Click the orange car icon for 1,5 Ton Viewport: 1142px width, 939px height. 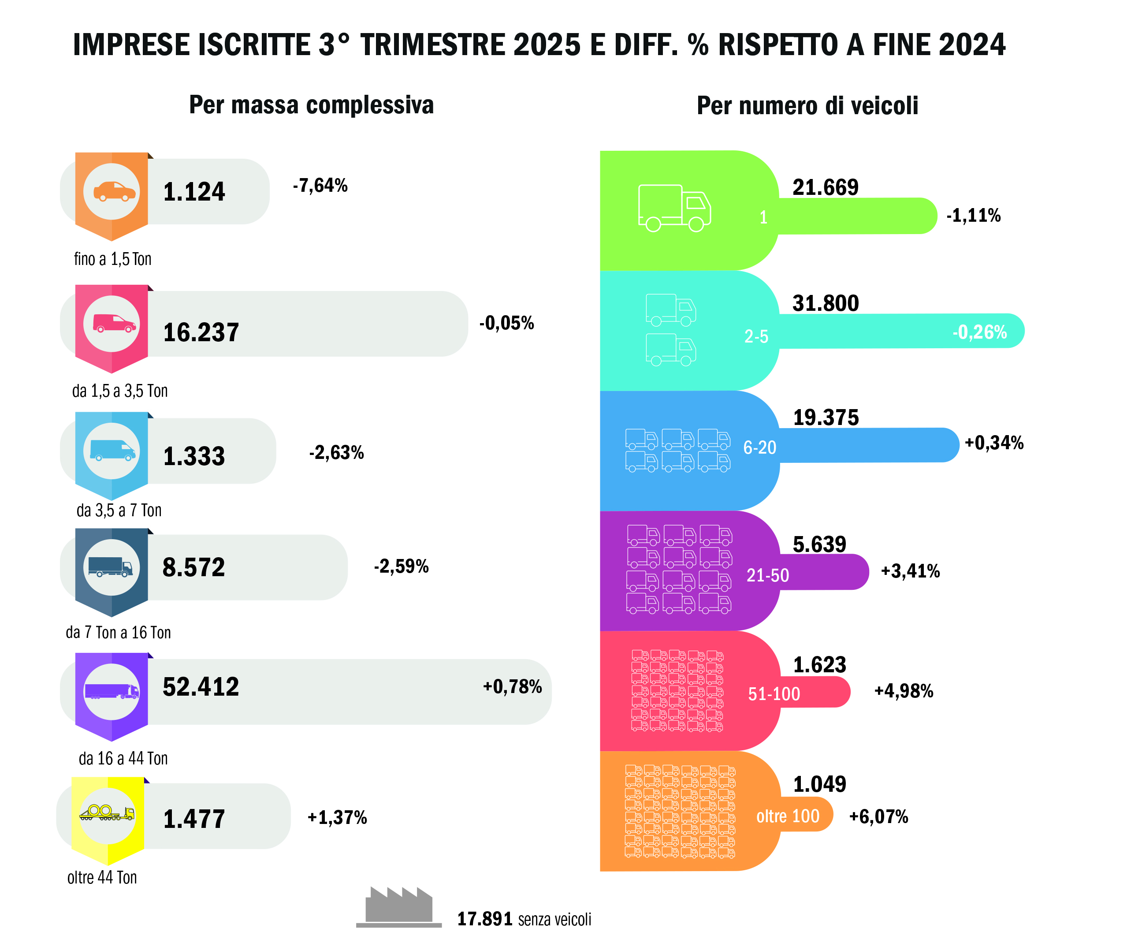click(114, 191)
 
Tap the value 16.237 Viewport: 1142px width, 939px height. click(201, 332)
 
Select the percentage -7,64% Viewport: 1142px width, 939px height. click(320, 186)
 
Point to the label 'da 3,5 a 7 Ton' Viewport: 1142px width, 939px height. click(119, 510)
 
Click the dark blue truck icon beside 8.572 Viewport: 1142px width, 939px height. click(111, 567)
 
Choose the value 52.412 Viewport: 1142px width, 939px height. click(201, 687)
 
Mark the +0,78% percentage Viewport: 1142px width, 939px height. click(512, 687)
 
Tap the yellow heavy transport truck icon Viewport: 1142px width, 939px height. click(107, 813)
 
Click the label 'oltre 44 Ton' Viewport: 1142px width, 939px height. click(102, 877)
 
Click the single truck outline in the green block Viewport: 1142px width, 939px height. click(674, 208)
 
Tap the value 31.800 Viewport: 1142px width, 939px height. click(825, 303)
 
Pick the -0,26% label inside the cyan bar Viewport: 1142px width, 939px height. click(979, 332)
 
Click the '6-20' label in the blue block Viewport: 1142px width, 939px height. click(760, 447)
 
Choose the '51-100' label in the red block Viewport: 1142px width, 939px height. click(774, 693)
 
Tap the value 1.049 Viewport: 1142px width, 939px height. click(819, 784)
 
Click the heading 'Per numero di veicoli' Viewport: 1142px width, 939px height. click(807, 105)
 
